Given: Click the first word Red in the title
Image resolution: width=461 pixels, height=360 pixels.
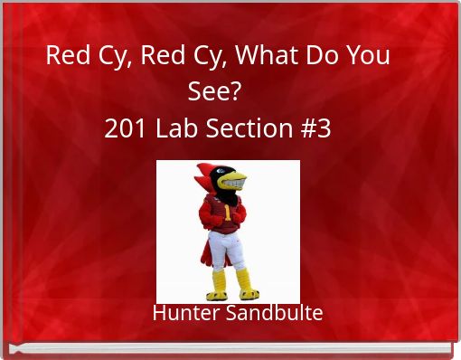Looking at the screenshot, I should click(65, 56).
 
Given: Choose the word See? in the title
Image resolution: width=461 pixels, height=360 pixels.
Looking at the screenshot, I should click(216, 92).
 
